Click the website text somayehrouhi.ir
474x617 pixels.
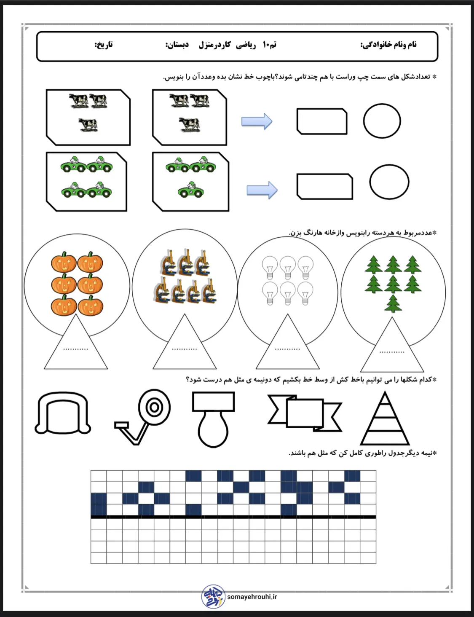coord(252,597)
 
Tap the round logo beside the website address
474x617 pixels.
coord(213,596)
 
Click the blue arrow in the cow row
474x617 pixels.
coord(257,121)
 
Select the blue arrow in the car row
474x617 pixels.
coord(262,190)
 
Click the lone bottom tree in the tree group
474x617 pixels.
coord(393,303)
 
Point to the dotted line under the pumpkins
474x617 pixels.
coord(75,349)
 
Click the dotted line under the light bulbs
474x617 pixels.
coord(287,349)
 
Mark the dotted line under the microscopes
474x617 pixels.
coord(185,349)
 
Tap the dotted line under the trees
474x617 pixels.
coord(392,352)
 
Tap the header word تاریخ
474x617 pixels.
coord(104,45)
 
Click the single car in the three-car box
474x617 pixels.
coord(191,190)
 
